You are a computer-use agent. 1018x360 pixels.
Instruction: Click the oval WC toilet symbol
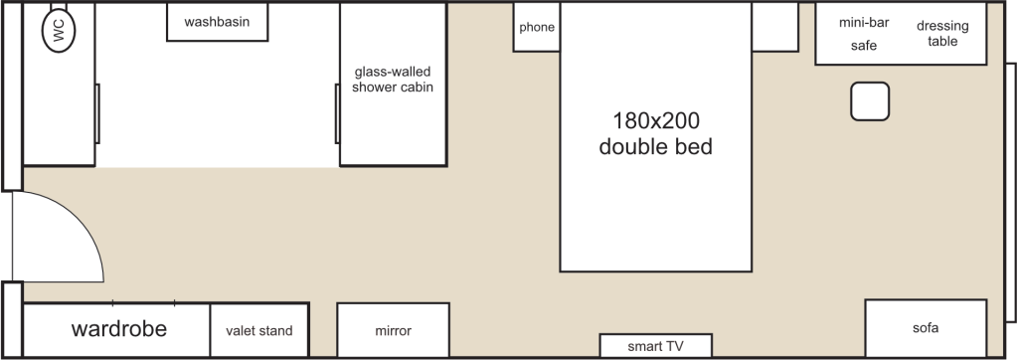pyautogui.click(x=59, y=32)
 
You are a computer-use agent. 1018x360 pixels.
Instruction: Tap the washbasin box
pyautogui.click(x=217, y=22)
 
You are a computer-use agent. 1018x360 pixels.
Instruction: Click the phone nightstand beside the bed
pyautogui.click(x=537, y=28)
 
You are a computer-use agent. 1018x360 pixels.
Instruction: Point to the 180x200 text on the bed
pyautogui.click(x=656, y=121)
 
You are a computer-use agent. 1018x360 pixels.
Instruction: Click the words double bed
pyautogui.click(x=656, y=147)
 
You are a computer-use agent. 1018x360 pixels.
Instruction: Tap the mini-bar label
pyautogui.click(x=864, y=23)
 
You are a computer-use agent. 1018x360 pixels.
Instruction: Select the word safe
pyautogui.click(x=864, y=46)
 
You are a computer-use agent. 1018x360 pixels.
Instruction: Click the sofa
pyautogui.click(x=925, y=328)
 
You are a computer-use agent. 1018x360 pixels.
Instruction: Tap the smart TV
pyautogui.click(x=656, y=346)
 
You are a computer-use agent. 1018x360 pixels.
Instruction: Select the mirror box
pyautogui.click(x=394, y=331)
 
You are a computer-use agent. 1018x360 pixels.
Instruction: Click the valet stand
pyautogui.click(x=259, y=331)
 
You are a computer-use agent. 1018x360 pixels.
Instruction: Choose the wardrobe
pyautogui.click(x=116, y=330)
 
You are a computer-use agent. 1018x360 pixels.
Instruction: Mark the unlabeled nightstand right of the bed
pyautogui.click(x=774, y=27)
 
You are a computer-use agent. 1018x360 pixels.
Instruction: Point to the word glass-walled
pyautogui.click(x=394, y=72)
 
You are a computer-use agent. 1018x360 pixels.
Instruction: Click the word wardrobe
pyautogui.click(x=119, y=329)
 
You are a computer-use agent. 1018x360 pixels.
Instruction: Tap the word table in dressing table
pyautogui.click(x=942, y=42)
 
